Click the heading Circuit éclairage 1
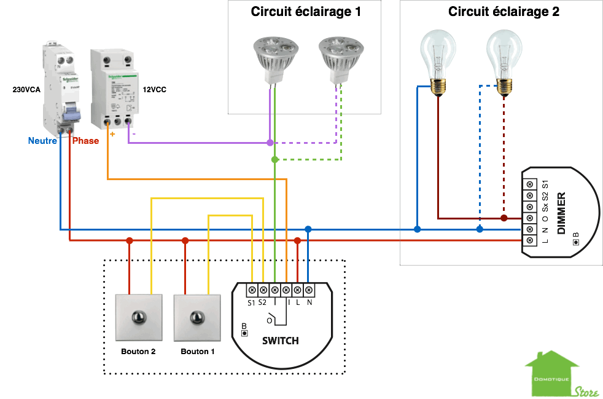tap(306, 12)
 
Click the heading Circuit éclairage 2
tap(504, 12)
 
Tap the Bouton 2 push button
tap(140, 318)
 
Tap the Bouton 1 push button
tap(197, 318)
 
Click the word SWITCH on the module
tap(280, 341)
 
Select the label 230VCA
tap(26, 90)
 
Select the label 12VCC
tap(154, 90)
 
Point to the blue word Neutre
tap(42, 141)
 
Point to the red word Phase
tap(85, 141)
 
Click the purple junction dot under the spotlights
tap(270, 143)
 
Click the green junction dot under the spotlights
tap(274, 160)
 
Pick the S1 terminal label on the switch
tap(251, 302)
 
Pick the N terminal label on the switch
tap(309, 302)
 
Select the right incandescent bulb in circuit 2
tap(505, 61)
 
